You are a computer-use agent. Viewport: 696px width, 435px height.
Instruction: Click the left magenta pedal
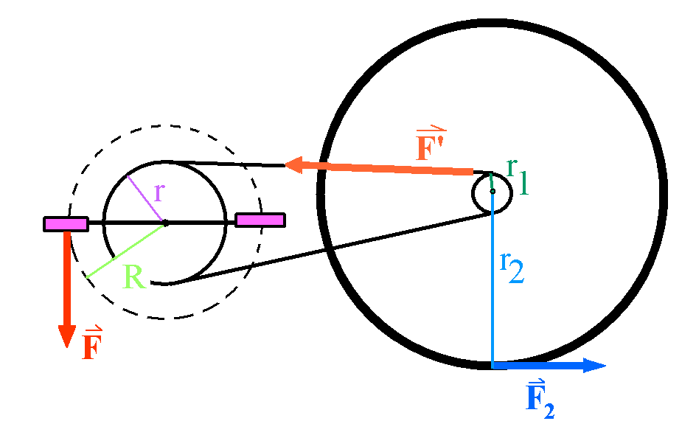tap(66, 223)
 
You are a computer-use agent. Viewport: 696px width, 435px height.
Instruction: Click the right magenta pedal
tap(260, 220)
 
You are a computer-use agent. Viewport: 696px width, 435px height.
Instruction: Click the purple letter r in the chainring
tap(159, 192)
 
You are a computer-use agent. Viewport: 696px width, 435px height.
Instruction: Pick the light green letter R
tap(133, 277)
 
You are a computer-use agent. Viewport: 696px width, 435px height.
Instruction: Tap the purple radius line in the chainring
tap(145, 198)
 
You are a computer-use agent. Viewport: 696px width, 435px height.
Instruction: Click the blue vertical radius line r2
tap(492, 295)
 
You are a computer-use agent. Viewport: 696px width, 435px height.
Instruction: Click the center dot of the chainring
tap(165, 222)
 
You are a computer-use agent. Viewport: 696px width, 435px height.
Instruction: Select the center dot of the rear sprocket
tap(492, 192)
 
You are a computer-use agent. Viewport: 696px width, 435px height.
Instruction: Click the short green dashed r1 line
tap(491, 181)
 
